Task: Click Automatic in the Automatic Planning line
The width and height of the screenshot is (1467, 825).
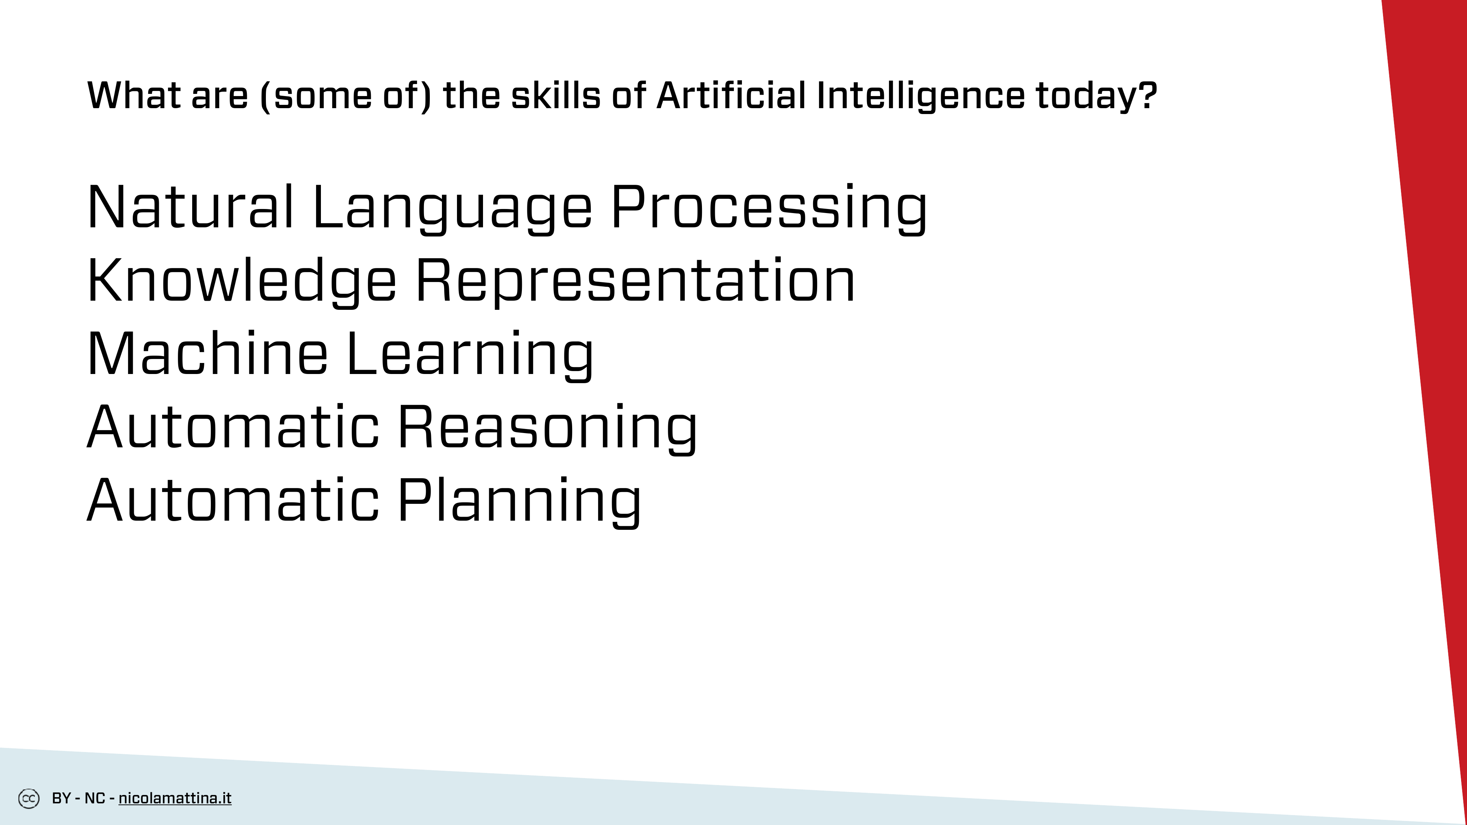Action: pos(233,500)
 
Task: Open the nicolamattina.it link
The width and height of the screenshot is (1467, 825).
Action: pos(175,798)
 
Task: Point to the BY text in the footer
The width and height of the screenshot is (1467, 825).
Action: pos(61,798)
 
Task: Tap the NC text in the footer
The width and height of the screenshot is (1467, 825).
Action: pos(95,798)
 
